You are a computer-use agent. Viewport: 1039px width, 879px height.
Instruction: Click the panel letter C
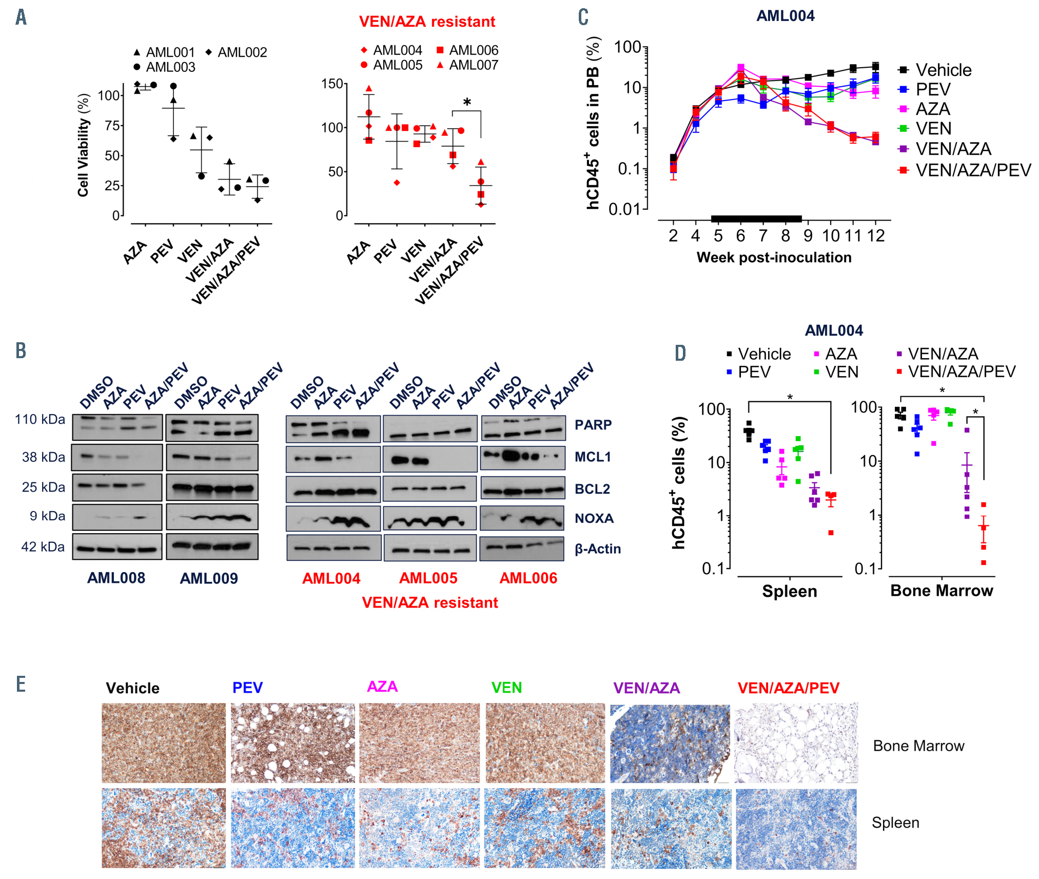point(583,17)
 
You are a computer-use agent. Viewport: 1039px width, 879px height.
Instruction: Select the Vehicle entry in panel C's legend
point(943,70)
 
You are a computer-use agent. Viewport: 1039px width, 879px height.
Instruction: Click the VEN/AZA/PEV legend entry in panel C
point(973,170)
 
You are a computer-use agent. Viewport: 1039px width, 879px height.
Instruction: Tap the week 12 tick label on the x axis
point(876,236)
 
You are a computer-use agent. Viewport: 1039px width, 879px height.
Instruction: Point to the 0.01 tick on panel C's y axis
point(624,209)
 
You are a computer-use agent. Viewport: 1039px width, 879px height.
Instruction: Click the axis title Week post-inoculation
point(774,257)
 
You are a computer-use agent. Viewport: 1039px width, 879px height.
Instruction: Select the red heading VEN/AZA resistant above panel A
point(427,22)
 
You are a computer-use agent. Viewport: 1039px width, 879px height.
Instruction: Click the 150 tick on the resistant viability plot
point(332,84)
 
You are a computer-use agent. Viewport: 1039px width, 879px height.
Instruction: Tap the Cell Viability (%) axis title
point(83,145)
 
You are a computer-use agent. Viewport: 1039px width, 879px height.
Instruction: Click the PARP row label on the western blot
point(593,425)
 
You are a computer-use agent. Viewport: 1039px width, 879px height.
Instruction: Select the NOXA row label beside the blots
point(594,518)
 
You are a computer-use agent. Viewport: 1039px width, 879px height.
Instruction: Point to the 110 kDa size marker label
point(40,419)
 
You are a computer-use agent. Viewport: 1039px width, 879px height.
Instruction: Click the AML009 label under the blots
point(209,578)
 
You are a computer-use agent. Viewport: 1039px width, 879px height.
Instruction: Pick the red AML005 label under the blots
point(428,578)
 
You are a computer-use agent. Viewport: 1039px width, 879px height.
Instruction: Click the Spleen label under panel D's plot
point(789,591)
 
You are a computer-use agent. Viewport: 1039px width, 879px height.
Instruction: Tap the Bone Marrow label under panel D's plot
point(942,591)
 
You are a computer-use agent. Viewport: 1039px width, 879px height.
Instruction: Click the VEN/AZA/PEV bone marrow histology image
point(796,743)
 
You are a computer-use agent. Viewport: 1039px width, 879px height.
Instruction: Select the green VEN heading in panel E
point(506,688)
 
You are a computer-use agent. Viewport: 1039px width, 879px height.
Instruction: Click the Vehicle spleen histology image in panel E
point(164,828)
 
